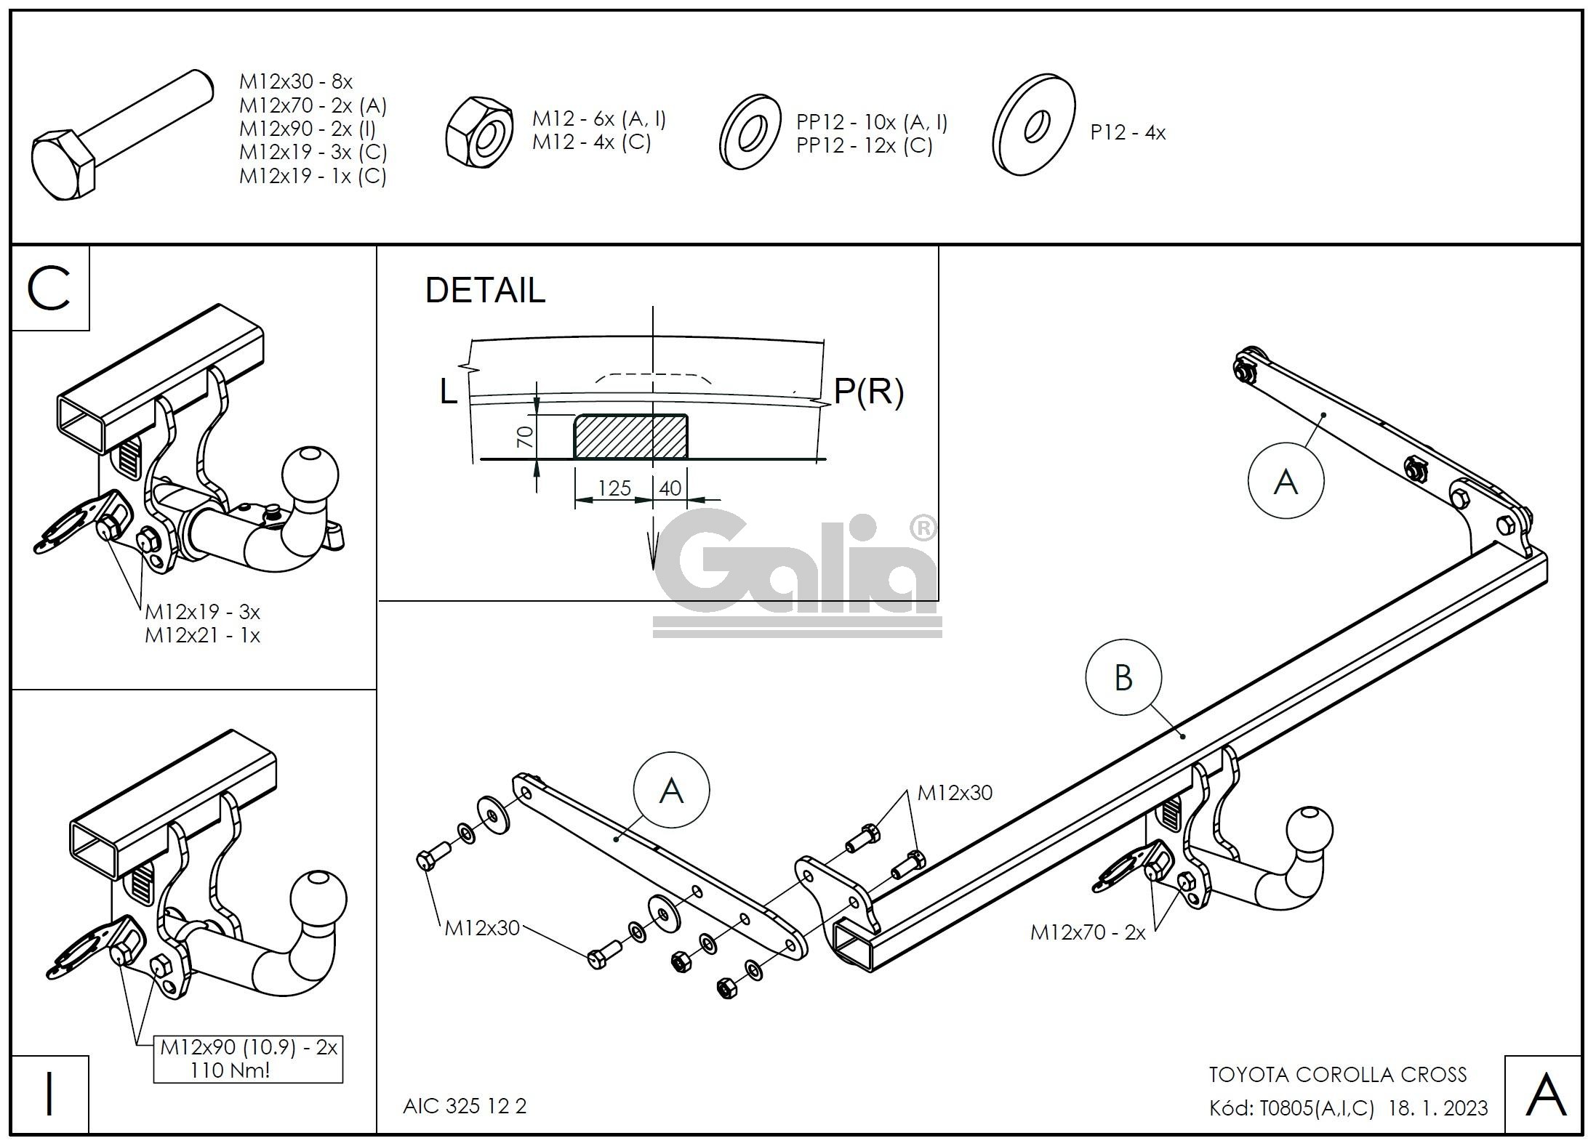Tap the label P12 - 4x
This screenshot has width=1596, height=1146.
tap(1127, 133)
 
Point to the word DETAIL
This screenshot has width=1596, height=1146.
tap(485, 291)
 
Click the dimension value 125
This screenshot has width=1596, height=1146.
tap(614, 488)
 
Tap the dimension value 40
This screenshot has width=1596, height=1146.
tap(670, 488)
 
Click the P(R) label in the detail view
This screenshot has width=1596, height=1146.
tap(868, 392)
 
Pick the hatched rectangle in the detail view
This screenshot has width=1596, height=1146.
tap(630, 437)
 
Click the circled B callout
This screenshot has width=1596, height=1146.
tap(1123, 678)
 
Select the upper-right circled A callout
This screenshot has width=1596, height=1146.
tap(1286, 481)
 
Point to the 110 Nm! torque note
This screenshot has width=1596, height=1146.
tap(230, 1070)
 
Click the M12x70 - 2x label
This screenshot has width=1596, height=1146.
tap(1087, 932)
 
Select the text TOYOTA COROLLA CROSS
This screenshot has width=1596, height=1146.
tap(1337, 1075)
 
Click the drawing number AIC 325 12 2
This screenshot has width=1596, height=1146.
tap(465, 1106)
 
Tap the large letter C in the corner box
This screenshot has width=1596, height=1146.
tap(49, 288)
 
